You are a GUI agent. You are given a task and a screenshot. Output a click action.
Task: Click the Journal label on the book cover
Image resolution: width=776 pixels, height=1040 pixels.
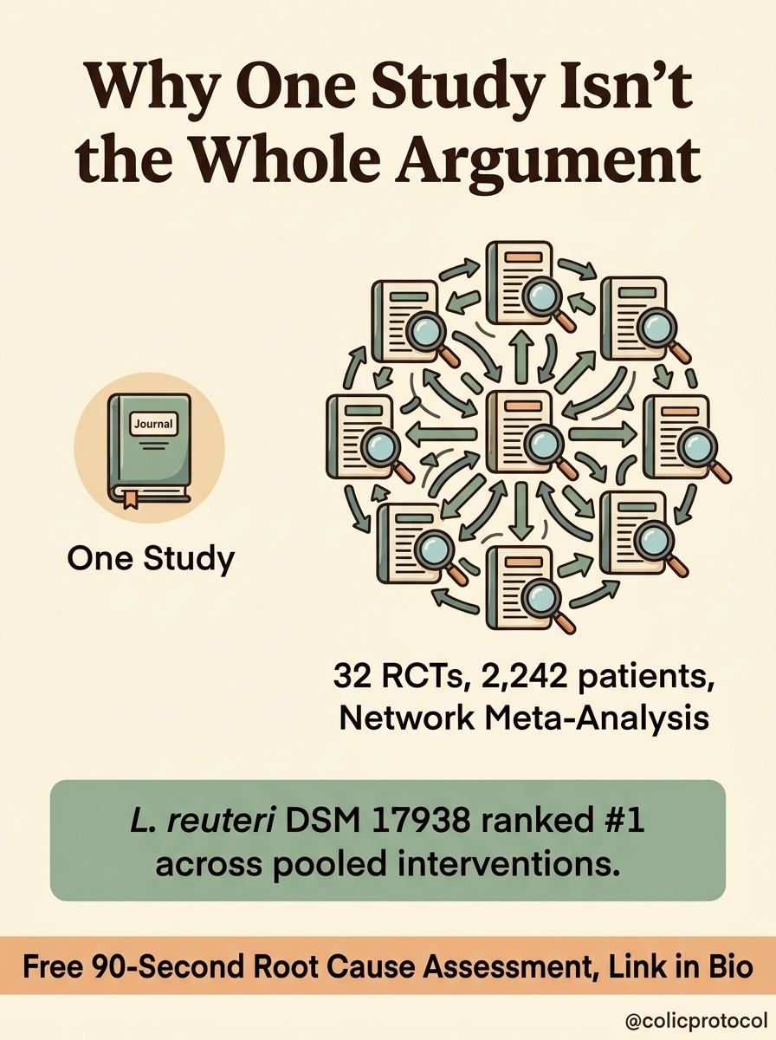click(153, 424)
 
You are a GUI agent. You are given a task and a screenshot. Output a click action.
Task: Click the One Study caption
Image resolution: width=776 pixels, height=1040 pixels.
click(151, 558)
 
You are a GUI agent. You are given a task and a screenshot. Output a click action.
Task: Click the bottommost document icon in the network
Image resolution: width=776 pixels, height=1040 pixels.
click(520, 588)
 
